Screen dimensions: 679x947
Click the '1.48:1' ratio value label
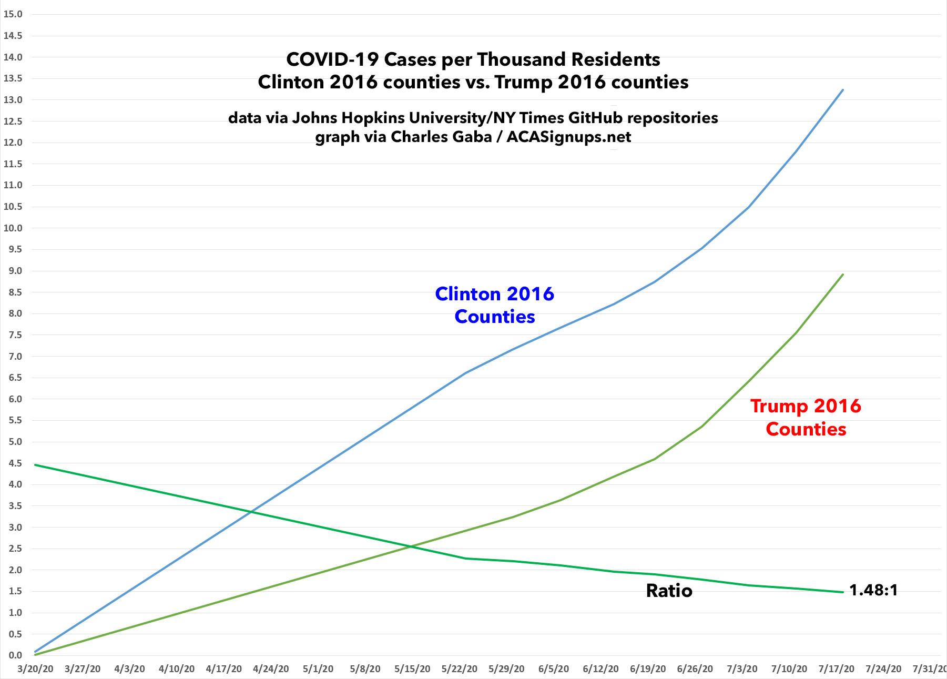pyautogui.click(x=873, y=590)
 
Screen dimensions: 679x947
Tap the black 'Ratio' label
pyautogui.click(x=669, y=591)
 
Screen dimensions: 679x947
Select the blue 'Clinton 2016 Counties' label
pyautogui.click(x=494, y=305)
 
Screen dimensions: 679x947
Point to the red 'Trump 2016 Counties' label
pyautogui.click(x=806, y=417)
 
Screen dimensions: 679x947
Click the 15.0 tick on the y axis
pyautogui.click(x=13, y=14)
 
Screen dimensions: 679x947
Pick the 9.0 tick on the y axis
pyautogui.click(x=13, y=271)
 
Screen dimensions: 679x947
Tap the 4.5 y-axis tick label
pyautogui.click(x=13, y=463)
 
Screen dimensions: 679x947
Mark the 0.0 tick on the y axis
pyautogui.click(x=13, y=655)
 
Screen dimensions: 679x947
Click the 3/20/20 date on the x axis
pyautogui.click(x=35, y=669)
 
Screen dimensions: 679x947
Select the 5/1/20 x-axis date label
pyautogui.click(x=318, y=669)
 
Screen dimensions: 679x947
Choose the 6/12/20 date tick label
pyautogui.click(x=600, y=669)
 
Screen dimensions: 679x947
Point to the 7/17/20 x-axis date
pyautogui.click(x=836, y=669)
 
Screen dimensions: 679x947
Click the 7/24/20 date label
pyautogui.click(x=883, y=669)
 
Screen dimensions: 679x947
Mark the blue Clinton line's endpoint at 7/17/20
pyautogui.click(x=843, y=90)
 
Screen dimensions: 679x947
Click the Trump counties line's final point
pyautogui.click(x=843, y=275)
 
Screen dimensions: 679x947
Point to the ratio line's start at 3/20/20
pyautogui.click(x=35, y=465)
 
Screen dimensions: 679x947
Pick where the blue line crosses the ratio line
pyautogui.click(x=251, y=511)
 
